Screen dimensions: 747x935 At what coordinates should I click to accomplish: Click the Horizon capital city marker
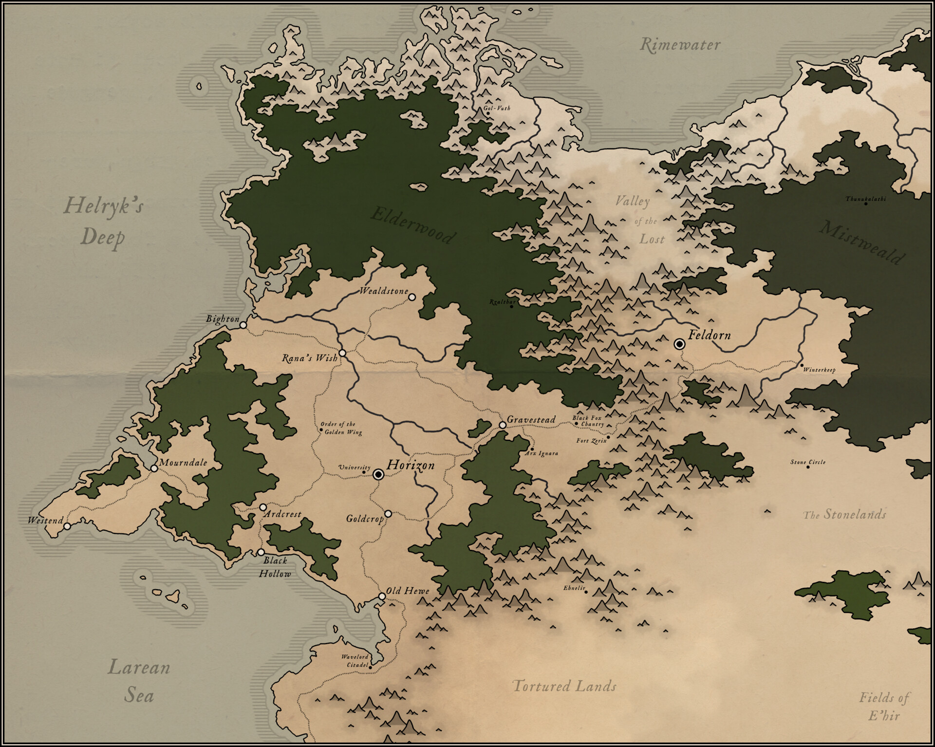tap(379, 475)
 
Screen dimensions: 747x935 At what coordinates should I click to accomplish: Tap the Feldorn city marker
tap(679, 344)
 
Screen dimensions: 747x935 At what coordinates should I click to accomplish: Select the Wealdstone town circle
tap(411, 297)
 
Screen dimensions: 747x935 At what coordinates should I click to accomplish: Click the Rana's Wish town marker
tap(342, 353)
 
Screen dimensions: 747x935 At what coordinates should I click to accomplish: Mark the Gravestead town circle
tap(503, 425)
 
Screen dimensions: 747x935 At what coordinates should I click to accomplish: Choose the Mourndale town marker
tap(154, 468)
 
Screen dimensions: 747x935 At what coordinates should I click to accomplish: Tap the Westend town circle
tap(67, 526)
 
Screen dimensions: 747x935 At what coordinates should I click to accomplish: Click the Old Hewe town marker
tap(382, 597)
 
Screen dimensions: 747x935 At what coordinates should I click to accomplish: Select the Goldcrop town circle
tap(388, 514)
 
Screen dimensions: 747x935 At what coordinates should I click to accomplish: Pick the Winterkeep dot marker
tap(802, 365)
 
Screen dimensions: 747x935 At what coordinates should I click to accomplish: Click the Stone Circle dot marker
tap(808, 467)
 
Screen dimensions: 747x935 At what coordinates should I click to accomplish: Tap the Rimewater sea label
tap(680, 45)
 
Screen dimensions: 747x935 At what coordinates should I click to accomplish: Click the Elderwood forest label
tap(413, 225)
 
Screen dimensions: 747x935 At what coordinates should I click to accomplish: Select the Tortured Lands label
tap(564, 687)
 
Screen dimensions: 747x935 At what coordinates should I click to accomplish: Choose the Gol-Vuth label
tap(497, 108)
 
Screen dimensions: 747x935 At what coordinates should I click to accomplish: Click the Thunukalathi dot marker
tap(865, 204)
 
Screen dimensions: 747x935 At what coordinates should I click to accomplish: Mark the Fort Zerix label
tap(591, 441)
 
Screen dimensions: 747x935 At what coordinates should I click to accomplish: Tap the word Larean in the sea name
tap(139, 667)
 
